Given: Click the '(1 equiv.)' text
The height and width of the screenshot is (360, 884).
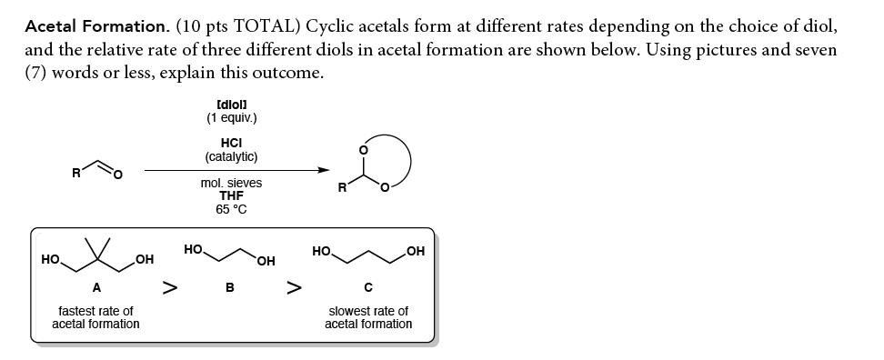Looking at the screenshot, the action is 231,117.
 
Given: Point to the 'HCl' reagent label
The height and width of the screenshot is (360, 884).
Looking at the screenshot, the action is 231,143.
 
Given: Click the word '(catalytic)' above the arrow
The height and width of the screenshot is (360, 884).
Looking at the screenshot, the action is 231,156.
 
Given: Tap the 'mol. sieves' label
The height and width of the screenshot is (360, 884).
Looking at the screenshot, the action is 231,183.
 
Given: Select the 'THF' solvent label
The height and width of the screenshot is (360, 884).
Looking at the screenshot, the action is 231,195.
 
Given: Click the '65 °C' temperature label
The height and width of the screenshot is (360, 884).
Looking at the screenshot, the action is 231,209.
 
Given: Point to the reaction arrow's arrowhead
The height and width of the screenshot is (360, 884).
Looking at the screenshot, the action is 323,169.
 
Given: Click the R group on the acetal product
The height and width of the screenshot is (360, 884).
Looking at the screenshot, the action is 341,189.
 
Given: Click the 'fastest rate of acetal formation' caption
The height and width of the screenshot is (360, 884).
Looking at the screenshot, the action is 95,317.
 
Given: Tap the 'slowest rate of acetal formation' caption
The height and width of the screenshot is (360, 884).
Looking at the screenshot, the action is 367,317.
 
